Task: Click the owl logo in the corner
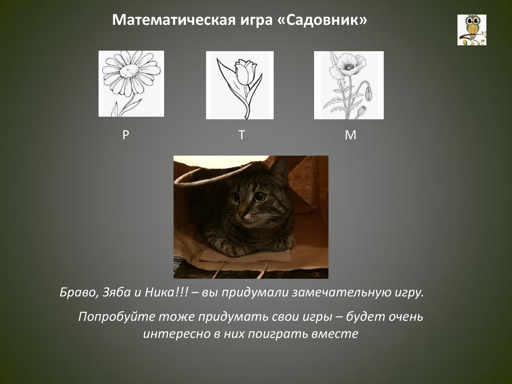(472, 30)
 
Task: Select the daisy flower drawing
(131, 84)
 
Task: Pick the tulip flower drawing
(240, 85)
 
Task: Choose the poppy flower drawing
(349, 85)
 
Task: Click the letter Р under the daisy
(125, 135)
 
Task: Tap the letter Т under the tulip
(242, 135)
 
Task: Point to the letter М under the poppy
(350, 135)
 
